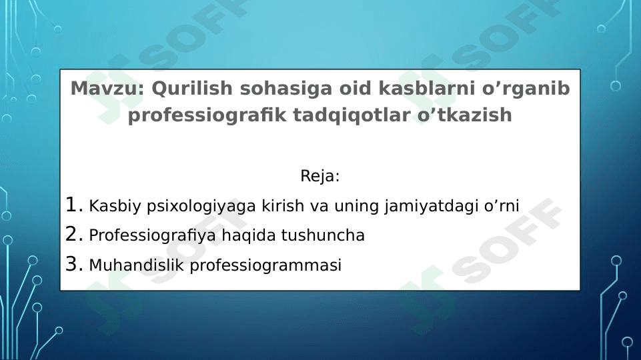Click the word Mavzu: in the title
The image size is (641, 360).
[107, 89]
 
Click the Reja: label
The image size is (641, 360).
[320, 177]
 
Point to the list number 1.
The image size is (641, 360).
[73, 204]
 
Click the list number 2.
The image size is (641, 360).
[73, 235]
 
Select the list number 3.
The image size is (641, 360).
[73, 265]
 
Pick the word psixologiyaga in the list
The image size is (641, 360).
[187, 205]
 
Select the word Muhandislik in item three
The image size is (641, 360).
[137, 266]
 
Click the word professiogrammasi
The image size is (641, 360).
[265, 266]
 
